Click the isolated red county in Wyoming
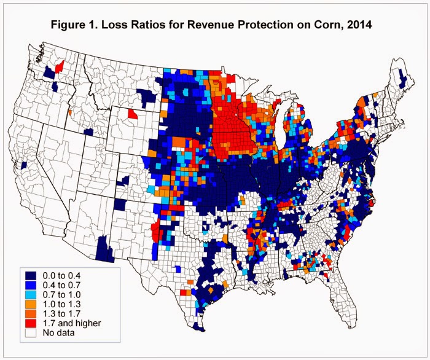coord(133,114)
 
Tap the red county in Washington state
coord(60,66)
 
